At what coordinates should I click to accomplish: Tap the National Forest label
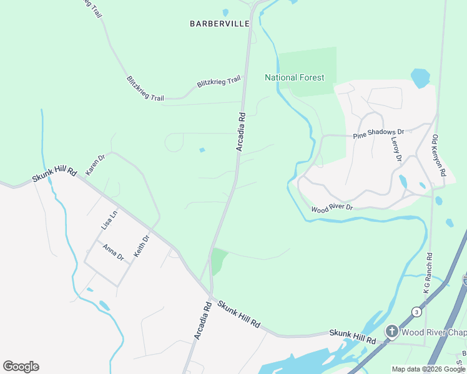[x=295, y=77]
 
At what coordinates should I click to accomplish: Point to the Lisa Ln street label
[x=109, y=221]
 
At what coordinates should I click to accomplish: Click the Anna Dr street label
[x=114, y=252]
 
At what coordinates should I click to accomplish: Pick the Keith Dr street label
[x=142, y=247]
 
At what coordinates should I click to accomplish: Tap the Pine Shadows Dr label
[x=379, y=132]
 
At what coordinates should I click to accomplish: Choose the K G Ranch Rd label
[x=428, y=273]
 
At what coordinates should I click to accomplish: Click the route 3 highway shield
[x=416, y=312]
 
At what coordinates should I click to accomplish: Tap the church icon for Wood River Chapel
[x=391, y=331]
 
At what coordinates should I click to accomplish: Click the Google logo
[x=21, y=367]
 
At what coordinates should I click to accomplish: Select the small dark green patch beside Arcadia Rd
[x=218, y=261]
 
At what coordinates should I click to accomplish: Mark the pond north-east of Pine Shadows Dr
[x=420, y=78]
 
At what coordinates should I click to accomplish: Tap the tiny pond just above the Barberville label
[x=225, y=12]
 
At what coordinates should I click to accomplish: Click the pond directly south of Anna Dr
[x=104, y=305]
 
